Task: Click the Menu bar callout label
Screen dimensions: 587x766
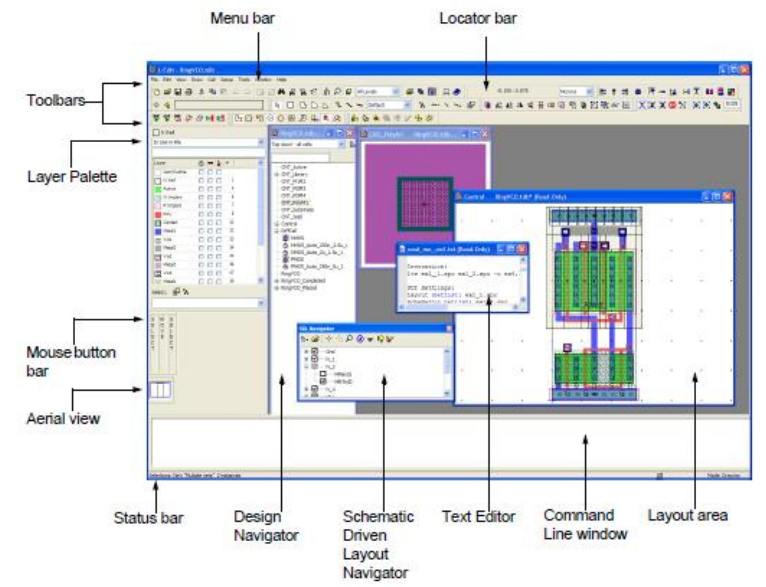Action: [242, 18]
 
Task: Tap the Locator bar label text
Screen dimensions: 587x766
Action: [477, 18]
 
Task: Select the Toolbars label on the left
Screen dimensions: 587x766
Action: [55, 100]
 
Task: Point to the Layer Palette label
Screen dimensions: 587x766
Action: [72, 176]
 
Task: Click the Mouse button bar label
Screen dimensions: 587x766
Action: [71, 362]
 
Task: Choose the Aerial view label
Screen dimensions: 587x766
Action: [63, 418]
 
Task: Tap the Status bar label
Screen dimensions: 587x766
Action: [148, 518]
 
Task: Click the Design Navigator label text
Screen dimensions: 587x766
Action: [265, 526]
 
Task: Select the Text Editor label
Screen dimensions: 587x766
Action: [478, 516]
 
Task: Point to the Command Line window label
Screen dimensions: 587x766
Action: [585, 524]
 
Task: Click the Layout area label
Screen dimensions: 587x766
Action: [687, 515]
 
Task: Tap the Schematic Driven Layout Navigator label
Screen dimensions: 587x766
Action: [377, 544]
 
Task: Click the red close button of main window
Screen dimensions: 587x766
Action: [744, 70]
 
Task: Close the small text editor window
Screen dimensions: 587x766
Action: [522, 249]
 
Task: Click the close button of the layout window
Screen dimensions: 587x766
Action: [727, 197]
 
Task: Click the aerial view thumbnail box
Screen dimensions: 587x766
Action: [160, 391]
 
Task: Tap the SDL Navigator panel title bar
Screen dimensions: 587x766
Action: [369, 328]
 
